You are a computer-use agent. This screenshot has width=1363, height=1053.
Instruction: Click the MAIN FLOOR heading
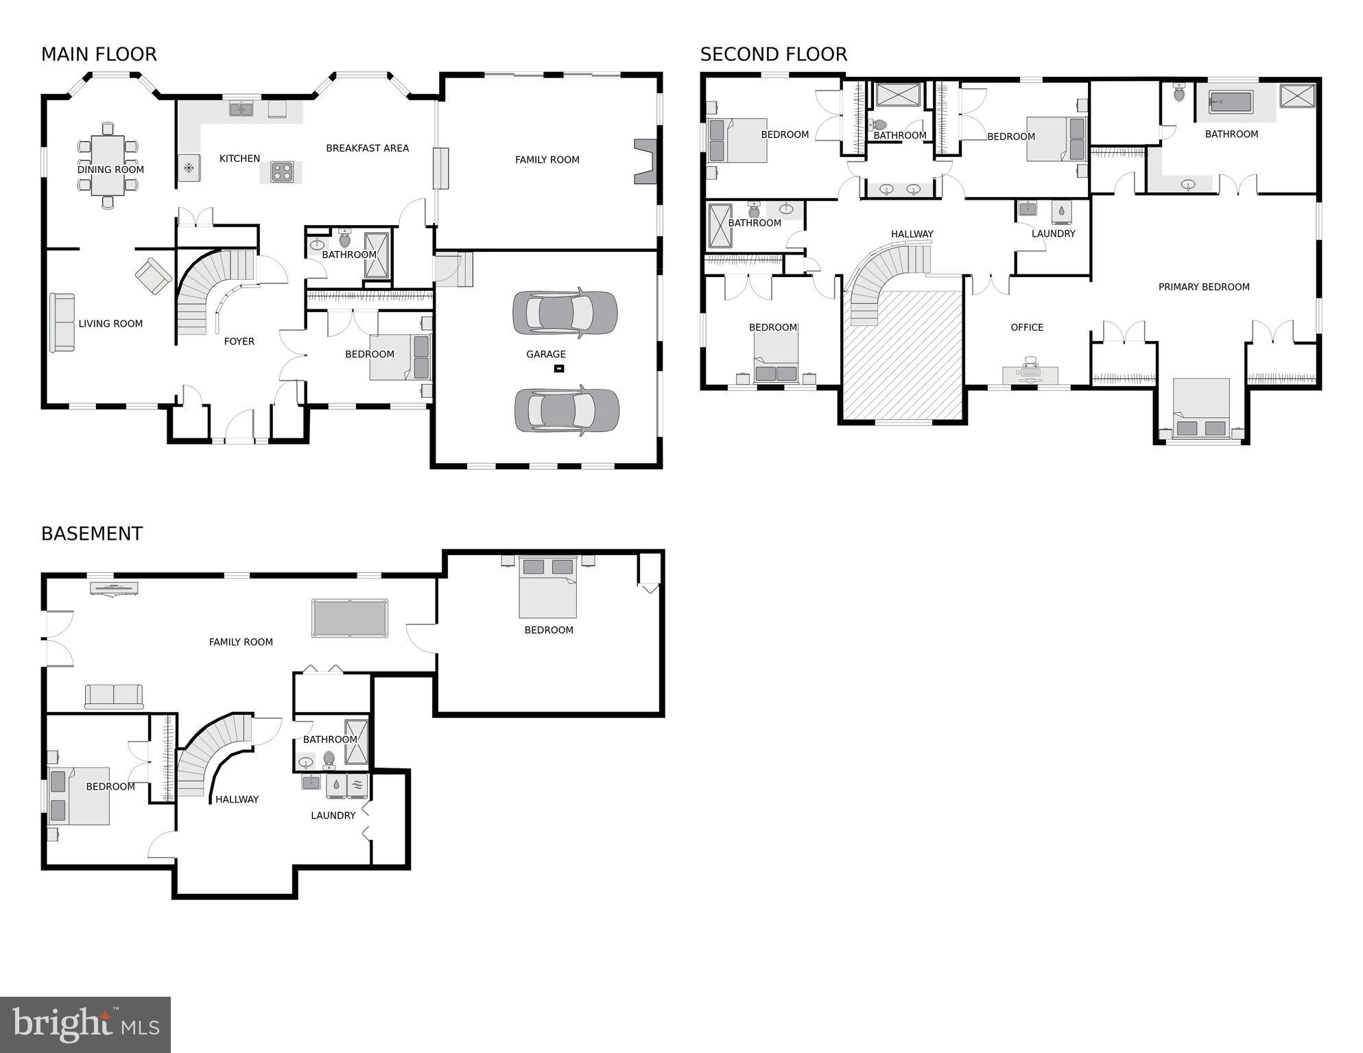[x=99, y=54]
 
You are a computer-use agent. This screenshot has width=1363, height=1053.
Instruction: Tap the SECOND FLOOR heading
[x=773, y=54]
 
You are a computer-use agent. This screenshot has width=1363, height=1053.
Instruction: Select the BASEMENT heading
[x=92, y=534]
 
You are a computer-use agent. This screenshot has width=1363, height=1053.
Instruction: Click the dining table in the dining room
[x=108, y=165]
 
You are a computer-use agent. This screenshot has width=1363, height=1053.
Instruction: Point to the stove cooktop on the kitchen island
[x=282, y=171]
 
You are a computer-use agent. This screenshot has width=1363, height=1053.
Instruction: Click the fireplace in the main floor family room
[x=645, y=161]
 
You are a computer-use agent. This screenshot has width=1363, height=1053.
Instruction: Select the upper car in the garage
[x=565, y=313]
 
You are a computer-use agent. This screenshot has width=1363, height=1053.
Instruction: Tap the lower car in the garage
[x=567, y=410]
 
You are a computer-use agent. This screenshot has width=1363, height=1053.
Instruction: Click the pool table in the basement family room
[x=349, y=618]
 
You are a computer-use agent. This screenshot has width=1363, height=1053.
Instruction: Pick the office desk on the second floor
[x=1030, y=375]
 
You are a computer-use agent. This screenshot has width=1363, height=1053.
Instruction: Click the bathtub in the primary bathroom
[x=1231, y=102]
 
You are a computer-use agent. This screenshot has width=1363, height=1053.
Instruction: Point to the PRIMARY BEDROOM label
[x=1203, y=287]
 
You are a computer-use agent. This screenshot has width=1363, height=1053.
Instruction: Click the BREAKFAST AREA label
[x=367, y=148]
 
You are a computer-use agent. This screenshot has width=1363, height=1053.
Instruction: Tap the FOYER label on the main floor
[x=239, y=341]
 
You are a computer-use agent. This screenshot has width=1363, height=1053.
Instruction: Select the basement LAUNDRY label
[x=333, y=815]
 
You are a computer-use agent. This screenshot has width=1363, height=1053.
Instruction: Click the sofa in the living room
[x=62, y=322]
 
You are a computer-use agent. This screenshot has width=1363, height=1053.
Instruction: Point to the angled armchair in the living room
[x=154, y=276]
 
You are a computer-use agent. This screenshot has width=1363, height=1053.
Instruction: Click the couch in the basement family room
[x=114, y=696]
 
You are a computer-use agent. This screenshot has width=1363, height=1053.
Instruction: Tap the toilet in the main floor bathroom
[x=344, y=238]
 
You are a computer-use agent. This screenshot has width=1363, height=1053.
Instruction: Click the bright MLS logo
[x=85, y=1024]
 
